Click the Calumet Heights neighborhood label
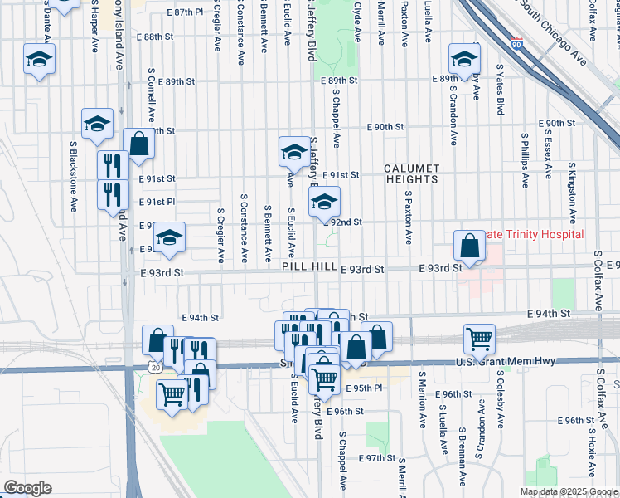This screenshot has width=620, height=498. coord(411,173)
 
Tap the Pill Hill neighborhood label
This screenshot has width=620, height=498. coord(309,267)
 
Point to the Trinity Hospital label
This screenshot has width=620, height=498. coord(535,235)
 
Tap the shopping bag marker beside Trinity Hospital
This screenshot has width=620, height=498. coord(469,247)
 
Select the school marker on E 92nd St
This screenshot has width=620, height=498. coord(324,203)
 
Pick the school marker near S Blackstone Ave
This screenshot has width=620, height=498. coord(97,124)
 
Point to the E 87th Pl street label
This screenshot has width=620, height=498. coord(185,13)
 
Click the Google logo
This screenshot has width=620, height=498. coord(28,488)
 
